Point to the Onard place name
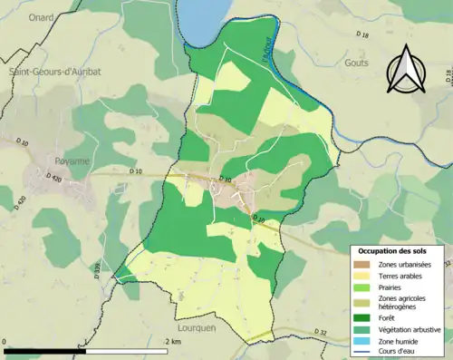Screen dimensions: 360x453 40,16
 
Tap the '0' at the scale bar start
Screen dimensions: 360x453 5,341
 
